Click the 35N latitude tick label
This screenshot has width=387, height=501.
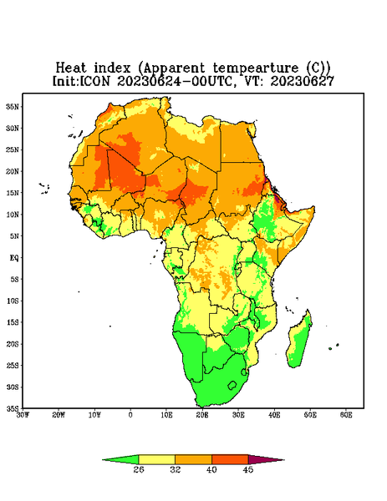(13, 107)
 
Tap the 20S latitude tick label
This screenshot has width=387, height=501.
(13, 344)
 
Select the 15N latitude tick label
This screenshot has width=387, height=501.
(13, 193)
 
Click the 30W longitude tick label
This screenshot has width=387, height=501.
(23, 415)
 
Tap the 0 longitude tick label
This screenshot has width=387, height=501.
(130, 415)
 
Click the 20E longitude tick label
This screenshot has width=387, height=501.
(202, 415)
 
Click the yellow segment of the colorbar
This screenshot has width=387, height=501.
(156, 459)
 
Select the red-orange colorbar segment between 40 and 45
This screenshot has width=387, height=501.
(230, 459)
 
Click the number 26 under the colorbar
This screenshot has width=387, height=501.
(139, 469)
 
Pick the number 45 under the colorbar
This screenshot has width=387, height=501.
(248, 469)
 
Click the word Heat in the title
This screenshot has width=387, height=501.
(71, 68)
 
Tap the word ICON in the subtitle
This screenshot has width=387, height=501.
(94, 81)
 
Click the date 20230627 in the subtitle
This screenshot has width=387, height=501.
(303, 81)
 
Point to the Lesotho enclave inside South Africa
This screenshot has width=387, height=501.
(232, 385)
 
